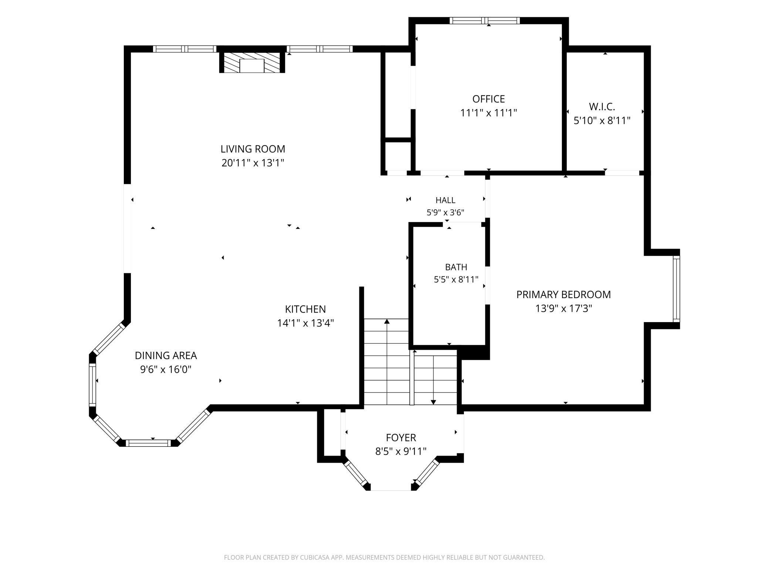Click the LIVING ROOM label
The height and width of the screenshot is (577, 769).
pyautogui.click(x=253, y=149)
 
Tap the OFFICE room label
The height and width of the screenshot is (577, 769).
pyautogui.click(x=488, y=99)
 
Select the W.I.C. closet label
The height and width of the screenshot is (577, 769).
pyautogui.click(x=602, y=107)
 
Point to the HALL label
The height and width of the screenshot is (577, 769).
pyautogui.click(x=446, y=200)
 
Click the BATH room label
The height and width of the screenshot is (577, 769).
pyautogui.click(x=456, y=267)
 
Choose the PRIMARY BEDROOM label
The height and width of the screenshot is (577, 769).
pyautogui.click(x=563, y=295)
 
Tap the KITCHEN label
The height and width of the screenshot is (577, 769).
pyautogui.click(x=305, y=309)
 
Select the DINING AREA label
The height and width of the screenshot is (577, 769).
pyautogui.click(x=166, y=356)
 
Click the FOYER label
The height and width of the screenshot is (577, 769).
pyautogui.click(x=401, y=438)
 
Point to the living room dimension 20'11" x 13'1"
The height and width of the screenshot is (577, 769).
pyautogui.click(x=253, y=163)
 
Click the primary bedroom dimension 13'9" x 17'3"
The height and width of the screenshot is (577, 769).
pyautogui.click(x=563, y=308)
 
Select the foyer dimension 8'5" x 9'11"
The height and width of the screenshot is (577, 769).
pyautogui.click(x=401, y=452)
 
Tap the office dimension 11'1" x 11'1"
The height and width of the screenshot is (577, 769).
pyautogui.click(x=488, y=113)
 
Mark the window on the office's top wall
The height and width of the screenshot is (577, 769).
pyautogui.click(x=485, y=21)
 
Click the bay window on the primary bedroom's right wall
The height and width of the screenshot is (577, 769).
pyautogui.click(x=676, y=289)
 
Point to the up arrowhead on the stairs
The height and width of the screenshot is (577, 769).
pyautogui.click(x=387, y=321)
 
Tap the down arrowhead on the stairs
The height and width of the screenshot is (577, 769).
pyautogui.click(x=434, y=402)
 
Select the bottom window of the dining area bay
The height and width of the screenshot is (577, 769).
pyautogui.click(x=148, y=443)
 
